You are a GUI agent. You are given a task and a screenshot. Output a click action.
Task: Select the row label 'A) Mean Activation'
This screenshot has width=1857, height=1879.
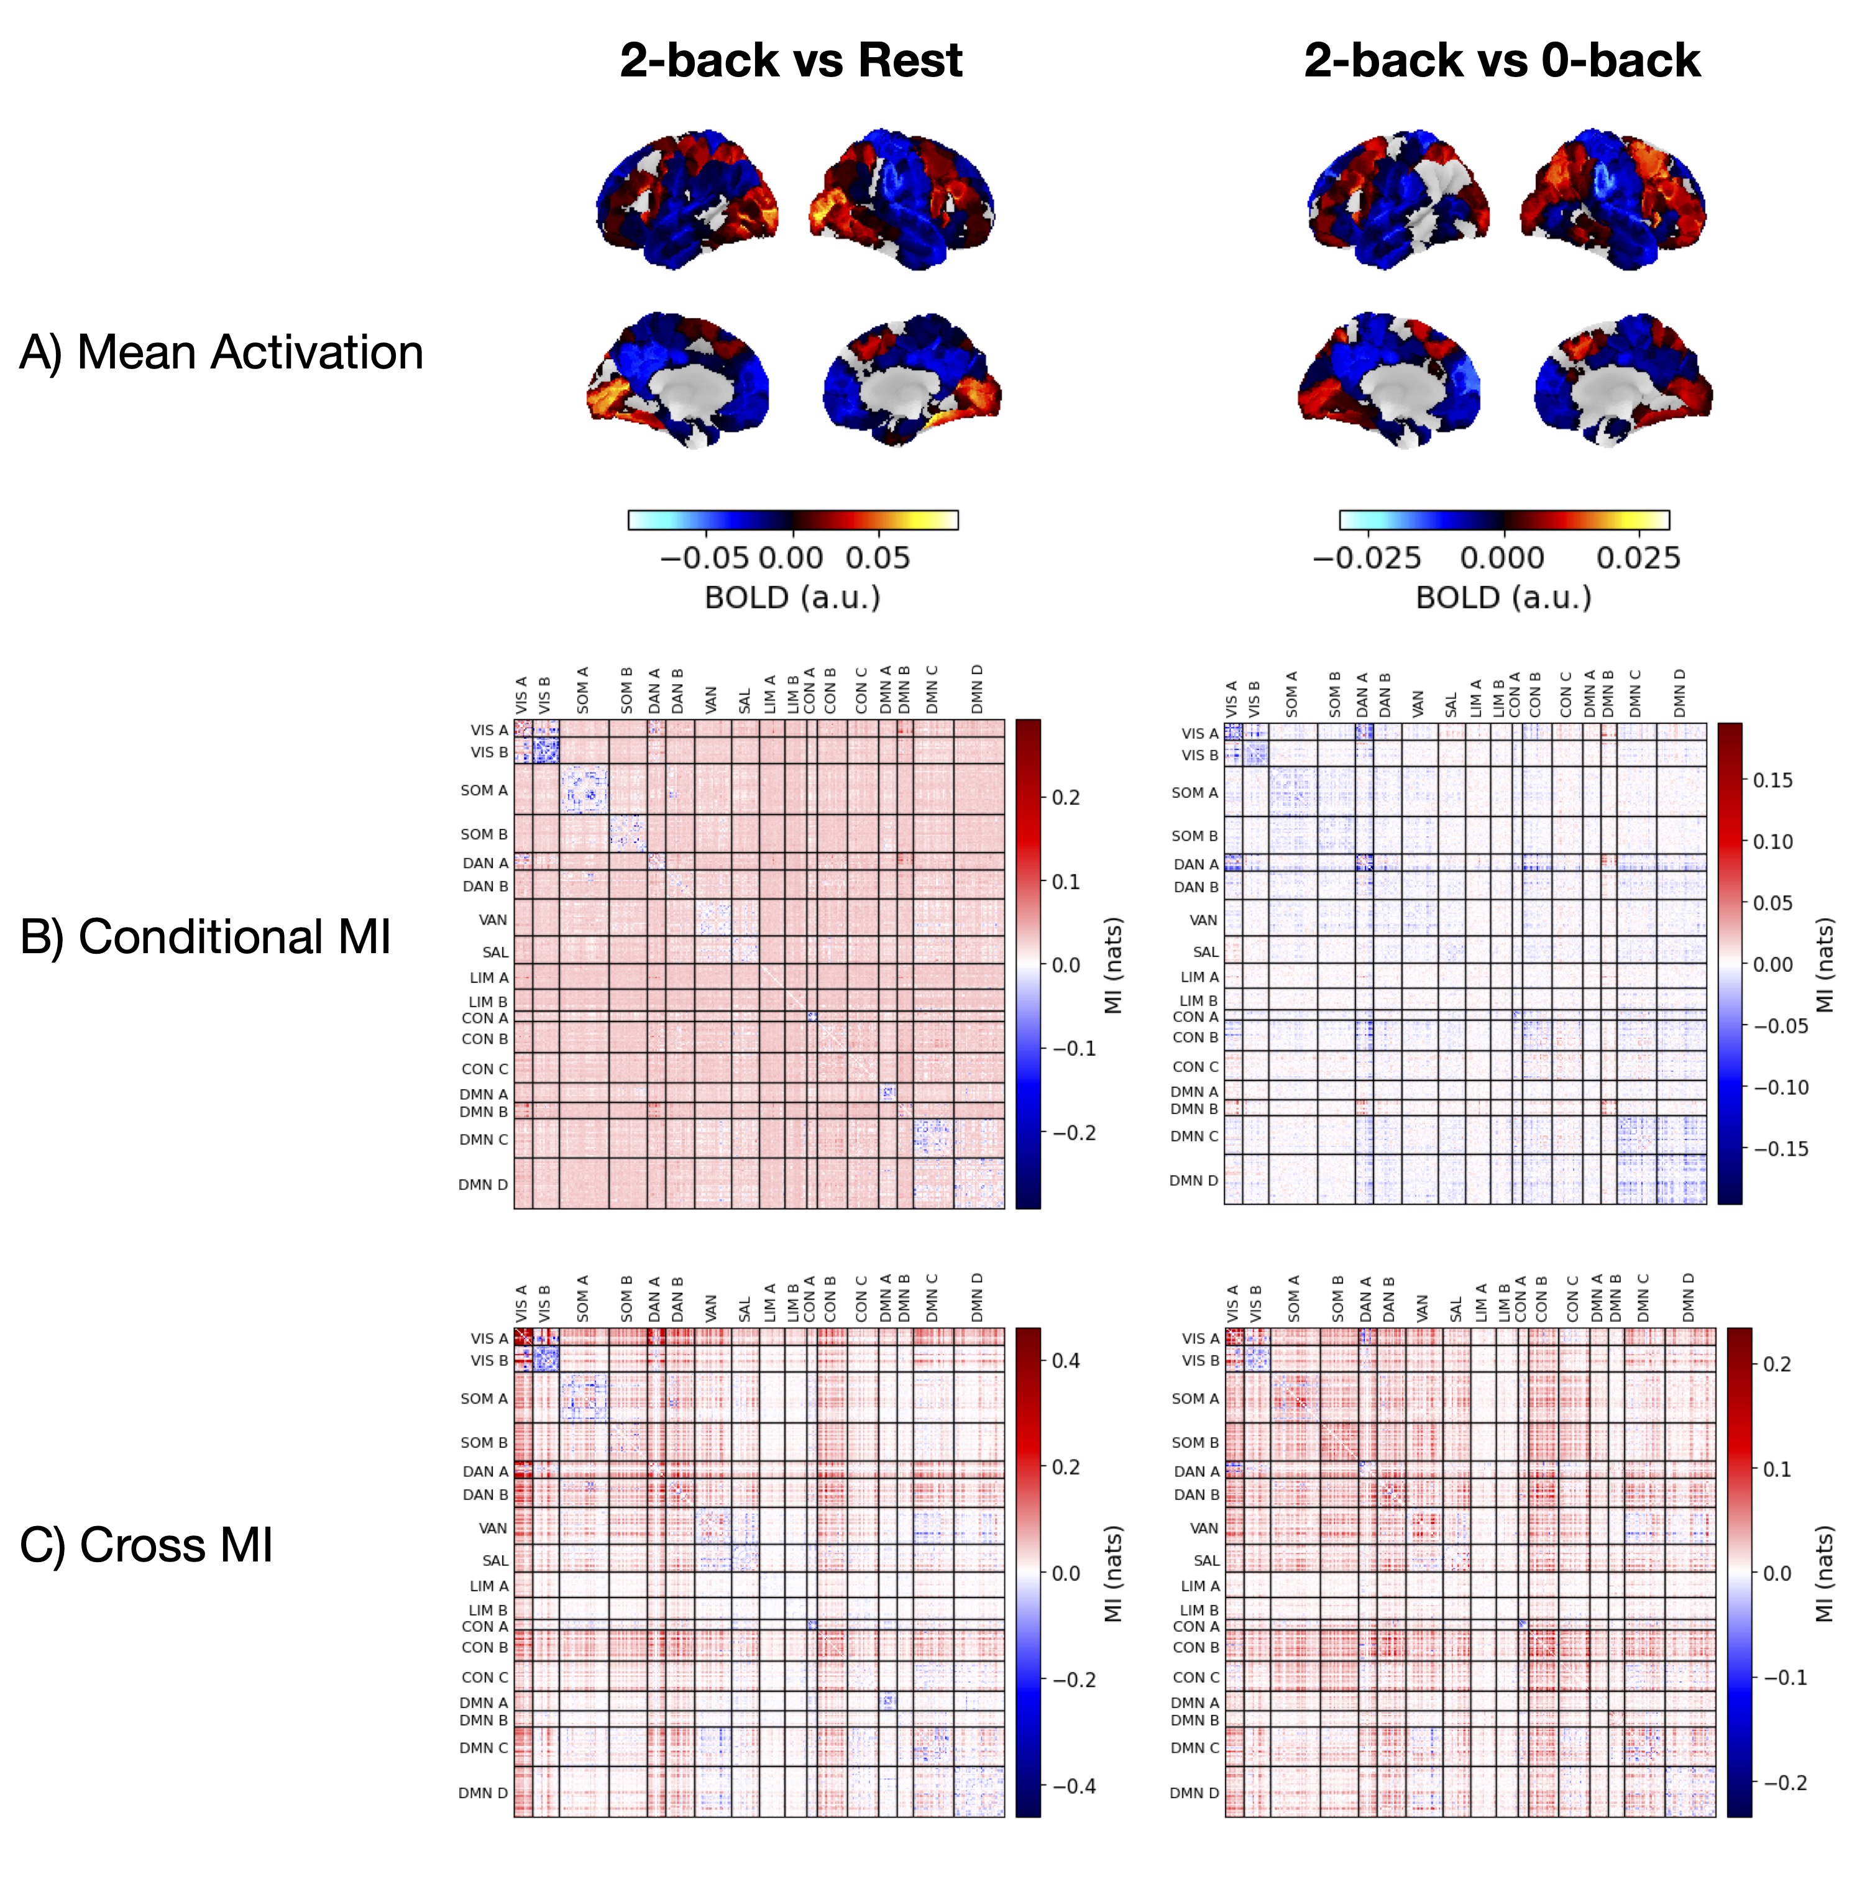[x=222, y=352]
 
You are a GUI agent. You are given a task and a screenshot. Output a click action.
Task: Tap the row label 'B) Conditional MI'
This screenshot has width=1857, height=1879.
[x=205, y=936]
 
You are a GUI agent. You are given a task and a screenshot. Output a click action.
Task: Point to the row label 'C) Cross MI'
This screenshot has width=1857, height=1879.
[x=147, y=1545]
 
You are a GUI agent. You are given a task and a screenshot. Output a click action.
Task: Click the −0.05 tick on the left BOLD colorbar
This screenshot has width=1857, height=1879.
[x=704, y=558]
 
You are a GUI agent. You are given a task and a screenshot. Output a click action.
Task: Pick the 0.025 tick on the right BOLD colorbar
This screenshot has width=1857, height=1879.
[x=1638, y=558]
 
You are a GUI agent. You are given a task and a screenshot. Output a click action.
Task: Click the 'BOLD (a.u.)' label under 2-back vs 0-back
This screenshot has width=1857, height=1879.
[x=1503, y=597]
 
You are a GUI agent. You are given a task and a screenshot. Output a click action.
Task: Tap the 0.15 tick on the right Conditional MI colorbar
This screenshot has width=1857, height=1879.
[x=1772, y=780]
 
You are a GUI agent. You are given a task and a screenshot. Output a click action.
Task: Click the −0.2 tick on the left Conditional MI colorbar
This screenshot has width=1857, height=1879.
[x=1073, y=1133]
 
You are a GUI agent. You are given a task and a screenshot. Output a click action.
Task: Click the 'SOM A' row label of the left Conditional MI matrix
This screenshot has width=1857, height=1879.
[x=484, y=791]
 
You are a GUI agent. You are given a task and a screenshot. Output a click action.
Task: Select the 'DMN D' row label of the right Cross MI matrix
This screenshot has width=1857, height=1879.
[x=1194, y=1793]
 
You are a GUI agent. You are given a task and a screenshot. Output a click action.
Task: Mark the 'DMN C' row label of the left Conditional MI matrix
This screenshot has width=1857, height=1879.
[x=484, y=1139]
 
